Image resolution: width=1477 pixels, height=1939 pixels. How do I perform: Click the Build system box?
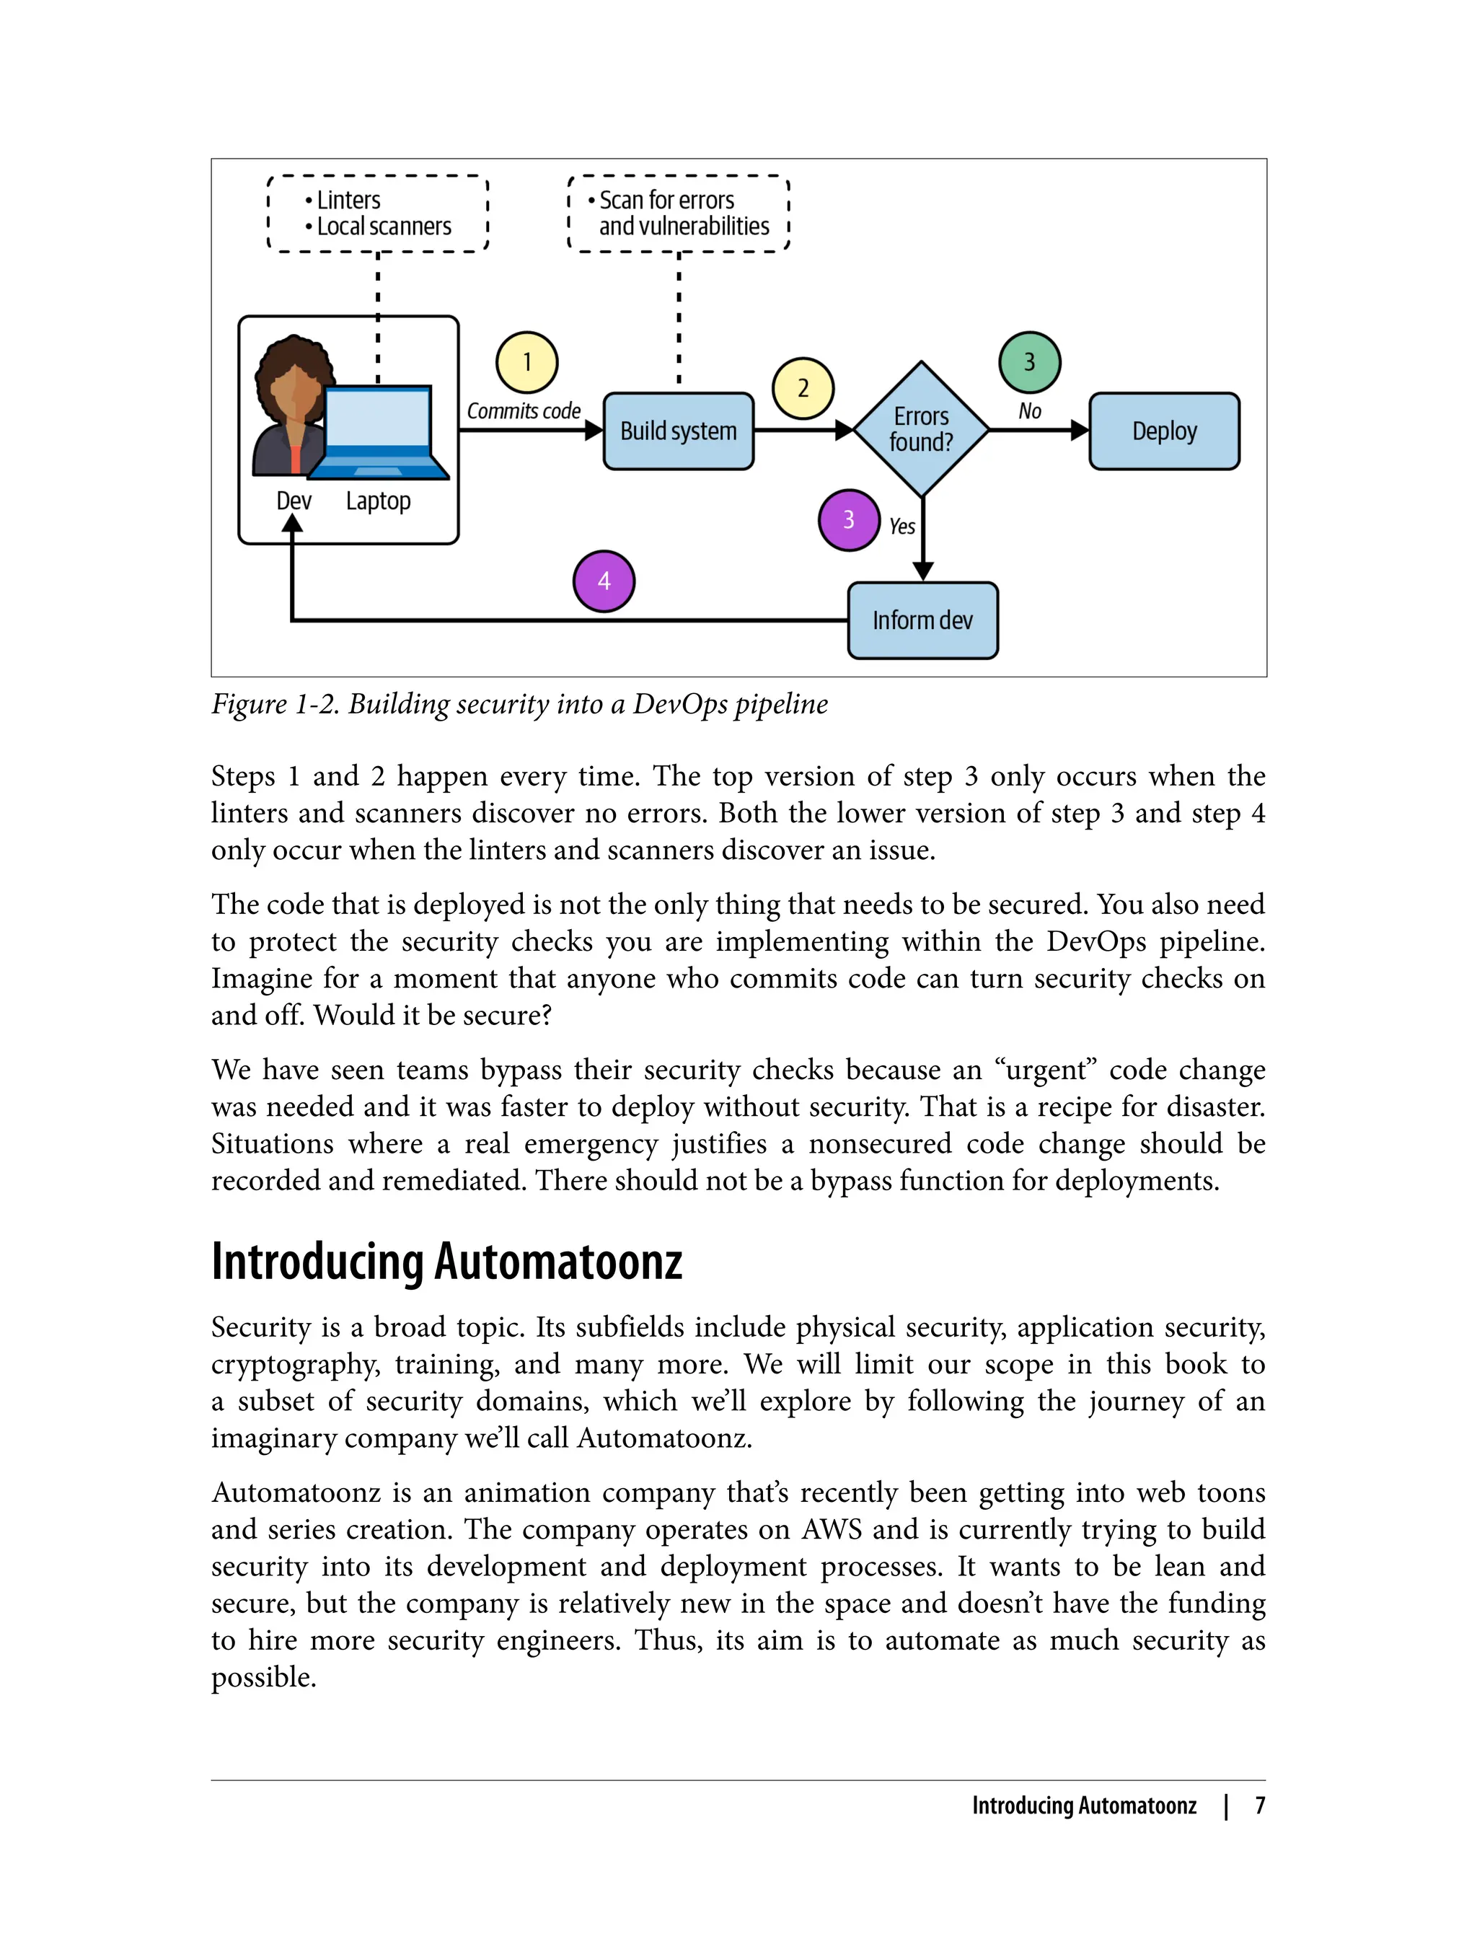[x=678, y=431]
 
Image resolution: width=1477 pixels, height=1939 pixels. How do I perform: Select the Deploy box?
[x=1164, y=431]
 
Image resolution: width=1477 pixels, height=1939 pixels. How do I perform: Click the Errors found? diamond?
[x=922, y=429]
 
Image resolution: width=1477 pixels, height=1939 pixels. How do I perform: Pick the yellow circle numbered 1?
[x=526, y=362]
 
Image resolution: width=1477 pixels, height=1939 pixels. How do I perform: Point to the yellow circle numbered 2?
[x=803, y=388]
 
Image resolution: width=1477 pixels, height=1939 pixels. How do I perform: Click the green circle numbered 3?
[x=1030, y=362]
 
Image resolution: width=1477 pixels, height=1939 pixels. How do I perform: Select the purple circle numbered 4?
[x=604, y=581]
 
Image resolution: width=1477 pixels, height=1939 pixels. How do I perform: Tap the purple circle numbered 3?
[x=848, y=519]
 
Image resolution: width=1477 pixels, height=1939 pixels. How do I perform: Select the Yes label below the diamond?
[x=902, y=527]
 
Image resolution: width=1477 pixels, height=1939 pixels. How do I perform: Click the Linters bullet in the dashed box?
[x=348, y=201]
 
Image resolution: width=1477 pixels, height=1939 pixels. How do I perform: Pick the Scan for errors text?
[x=666, y=201]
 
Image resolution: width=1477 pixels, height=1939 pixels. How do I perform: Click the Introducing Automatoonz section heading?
[x=446, y=1262]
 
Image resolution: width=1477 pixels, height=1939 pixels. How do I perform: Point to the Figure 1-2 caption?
[x=519, y=704]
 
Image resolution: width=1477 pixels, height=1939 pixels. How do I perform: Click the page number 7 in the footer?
[x=1260, y=1806]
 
